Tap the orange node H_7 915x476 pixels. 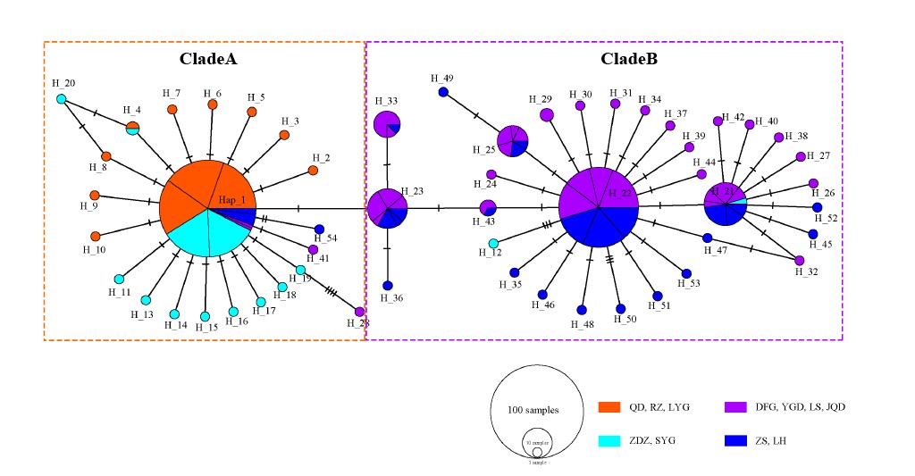point(172,109)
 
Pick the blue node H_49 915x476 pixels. point(442,92)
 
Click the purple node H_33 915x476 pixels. point(387,125)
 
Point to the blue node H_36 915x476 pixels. point(388,286)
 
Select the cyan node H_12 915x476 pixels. point(493,243)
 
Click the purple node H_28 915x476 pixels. point(359,312)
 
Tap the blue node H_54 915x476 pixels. point(319,229)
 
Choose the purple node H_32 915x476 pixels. point(799,260)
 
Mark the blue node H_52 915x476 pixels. point(817,207)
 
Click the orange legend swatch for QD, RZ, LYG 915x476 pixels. point(609,407)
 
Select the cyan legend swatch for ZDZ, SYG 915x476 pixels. point(609,440)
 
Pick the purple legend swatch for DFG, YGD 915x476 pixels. point(735,407)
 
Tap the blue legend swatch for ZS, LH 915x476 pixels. point(735,440)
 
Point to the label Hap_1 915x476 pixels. point(231,201)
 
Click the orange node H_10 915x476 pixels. point(96,237)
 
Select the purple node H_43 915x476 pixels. point(487,208)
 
